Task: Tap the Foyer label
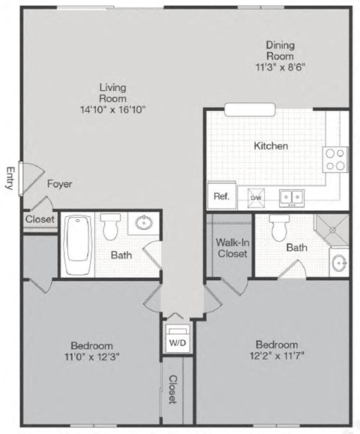click(x=59, y=183)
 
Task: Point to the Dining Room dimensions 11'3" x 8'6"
click(x=280, y=66)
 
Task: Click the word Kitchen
click(x=271, y=146)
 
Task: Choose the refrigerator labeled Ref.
click(x=221, y=196)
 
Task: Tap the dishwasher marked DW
click(x=255, y=197)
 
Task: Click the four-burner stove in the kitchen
click(x=335, y=158)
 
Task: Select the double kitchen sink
click(x=292, y=197)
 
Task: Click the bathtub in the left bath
click(x=78, y=245)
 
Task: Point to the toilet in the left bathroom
click(x=112, y=225)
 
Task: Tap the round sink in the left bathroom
click(x=142, y=223)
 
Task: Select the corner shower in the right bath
click(x=331, y=231)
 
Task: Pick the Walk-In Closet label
click(x=232, y=248)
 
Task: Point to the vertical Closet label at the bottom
click(x=172, y=390)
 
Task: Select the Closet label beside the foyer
click(x=38, y=219)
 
